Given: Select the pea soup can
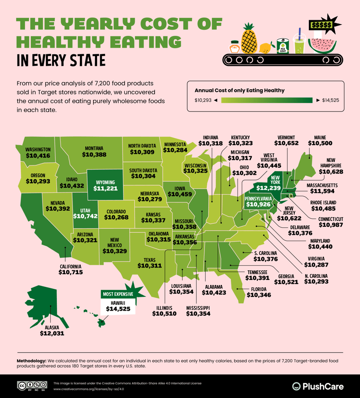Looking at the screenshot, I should (282, 46).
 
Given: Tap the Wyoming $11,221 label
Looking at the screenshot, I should (106, 185).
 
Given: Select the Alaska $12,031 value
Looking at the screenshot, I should (52, 333).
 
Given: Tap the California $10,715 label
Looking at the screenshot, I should (70, 273).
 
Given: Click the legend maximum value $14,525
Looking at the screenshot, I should (330, 100).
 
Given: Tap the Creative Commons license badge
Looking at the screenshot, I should (32, 386).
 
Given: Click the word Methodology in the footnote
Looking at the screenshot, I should (31, 361).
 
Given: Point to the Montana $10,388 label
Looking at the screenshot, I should (94, 151).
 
